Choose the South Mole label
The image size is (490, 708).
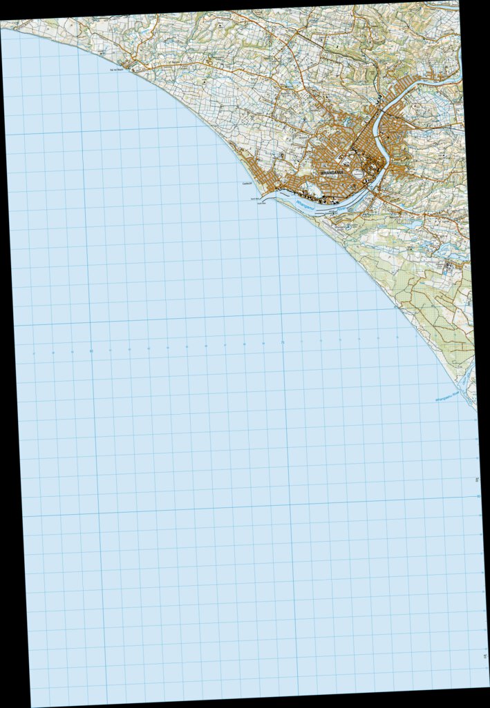[261, 204]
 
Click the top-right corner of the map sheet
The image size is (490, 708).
[458, 2]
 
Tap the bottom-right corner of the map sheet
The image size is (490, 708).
[488, 686]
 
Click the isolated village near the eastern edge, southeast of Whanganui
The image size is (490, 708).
[449, 266]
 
